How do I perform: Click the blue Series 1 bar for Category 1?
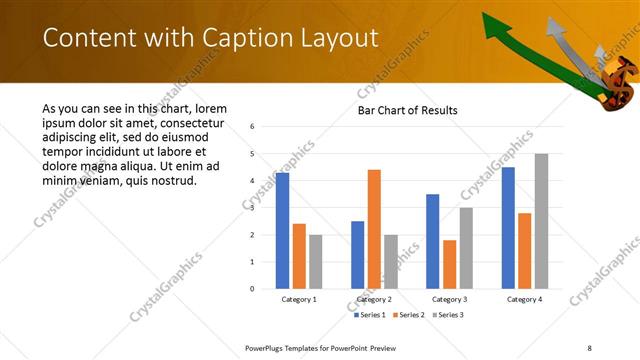[x=282, y=231]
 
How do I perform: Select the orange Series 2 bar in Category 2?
[x=374, y=229]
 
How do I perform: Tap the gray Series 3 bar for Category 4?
[x=541, y=221]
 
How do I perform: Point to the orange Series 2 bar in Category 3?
[x=449, y=264]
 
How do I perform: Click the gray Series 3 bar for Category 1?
[x=316, y=262]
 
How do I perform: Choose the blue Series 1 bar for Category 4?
[x=508, y=228]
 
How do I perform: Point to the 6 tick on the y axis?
[x=253, y=127]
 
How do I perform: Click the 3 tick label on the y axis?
[x=253, y=208]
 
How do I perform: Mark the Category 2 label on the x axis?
[x=374, y=299]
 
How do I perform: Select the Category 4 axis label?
[x=524, y=299]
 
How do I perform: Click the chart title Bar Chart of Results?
[x=407, y=109]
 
